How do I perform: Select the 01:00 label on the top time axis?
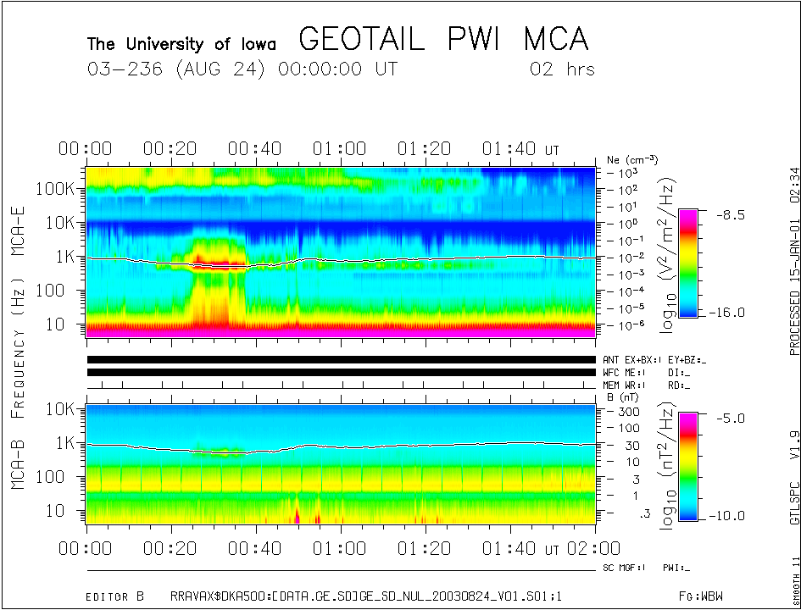click(x=339, y=149)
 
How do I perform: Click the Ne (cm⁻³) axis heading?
click(x=632, y=159)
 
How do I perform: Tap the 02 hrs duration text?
click(x=562, y=69)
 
